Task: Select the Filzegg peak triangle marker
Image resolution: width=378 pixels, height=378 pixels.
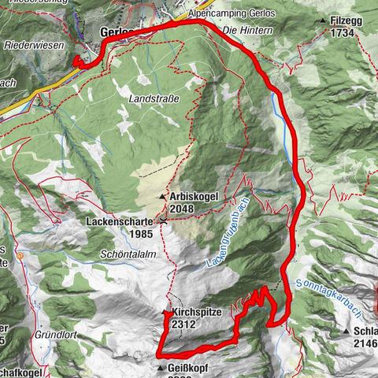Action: pos(323,20)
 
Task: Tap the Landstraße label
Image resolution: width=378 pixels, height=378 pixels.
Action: pos(154,98)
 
